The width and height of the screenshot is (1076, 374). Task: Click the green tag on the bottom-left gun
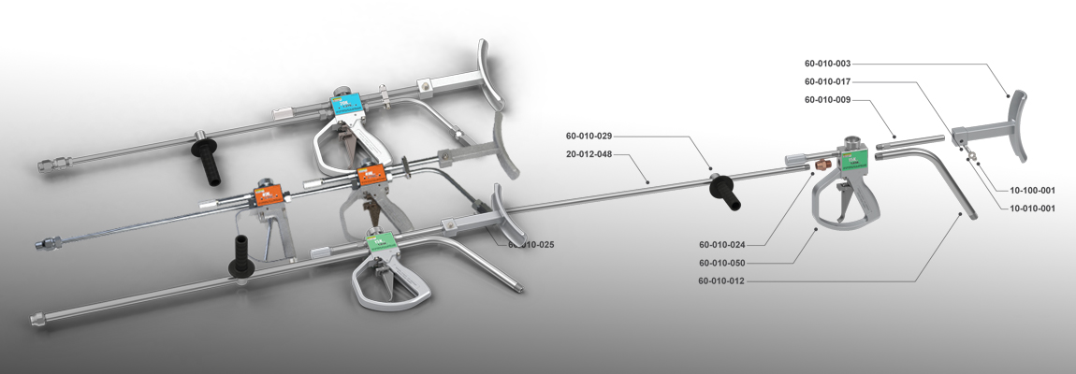click(x=378, y=244)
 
